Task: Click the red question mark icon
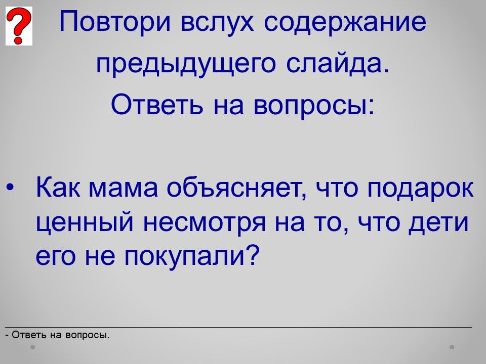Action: point(19,26)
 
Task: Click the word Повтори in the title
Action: point(115,22)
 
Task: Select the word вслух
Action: point(217,22)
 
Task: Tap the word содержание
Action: point(345,22)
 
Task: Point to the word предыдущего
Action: point(186,64)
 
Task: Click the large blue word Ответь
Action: point(157,104)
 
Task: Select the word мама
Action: point(123,189)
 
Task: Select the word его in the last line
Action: point(56,257)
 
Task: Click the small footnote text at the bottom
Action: point(57,335)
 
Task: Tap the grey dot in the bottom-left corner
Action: point(32,347)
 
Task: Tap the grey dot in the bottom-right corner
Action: point(452,347)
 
